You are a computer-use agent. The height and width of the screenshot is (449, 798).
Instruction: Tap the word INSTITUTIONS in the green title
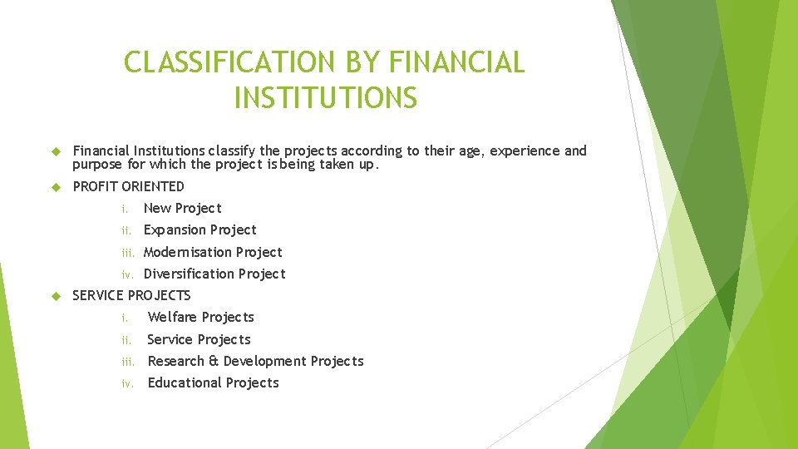[325, 98]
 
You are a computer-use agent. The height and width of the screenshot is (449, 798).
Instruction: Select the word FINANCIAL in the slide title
[456, 62]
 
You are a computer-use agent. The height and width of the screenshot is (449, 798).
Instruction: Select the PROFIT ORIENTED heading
[128, 186]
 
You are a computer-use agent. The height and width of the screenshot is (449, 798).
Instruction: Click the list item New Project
[182, 208]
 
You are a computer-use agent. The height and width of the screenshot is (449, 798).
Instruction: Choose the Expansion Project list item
[199, 229]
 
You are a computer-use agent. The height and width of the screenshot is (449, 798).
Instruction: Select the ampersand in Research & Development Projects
[213, 361]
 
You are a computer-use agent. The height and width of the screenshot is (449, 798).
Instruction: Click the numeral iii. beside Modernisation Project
[128, 253]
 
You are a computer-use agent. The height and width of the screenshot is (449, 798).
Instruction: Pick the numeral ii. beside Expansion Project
[127, 230]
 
